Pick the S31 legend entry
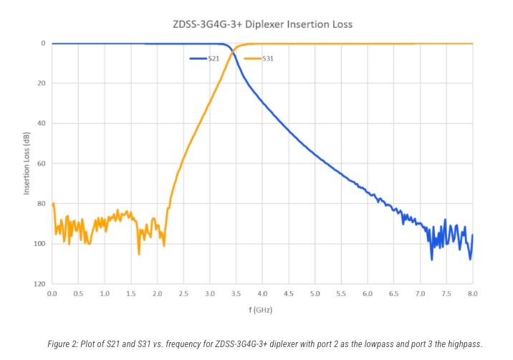[267, 57]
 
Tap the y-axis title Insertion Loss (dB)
[27, 164]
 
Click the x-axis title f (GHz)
[262, 311]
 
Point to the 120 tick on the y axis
[41, 284]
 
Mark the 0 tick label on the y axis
[44, 43]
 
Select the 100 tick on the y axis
[41, 244]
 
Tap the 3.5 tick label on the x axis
[236, 294]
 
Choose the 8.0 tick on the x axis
[473, 294]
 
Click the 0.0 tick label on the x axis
[52, 294]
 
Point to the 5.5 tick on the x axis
[341, 294]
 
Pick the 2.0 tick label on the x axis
[157, 294]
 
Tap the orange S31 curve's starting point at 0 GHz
[52, 205]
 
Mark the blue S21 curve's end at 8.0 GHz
[473, 235]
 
